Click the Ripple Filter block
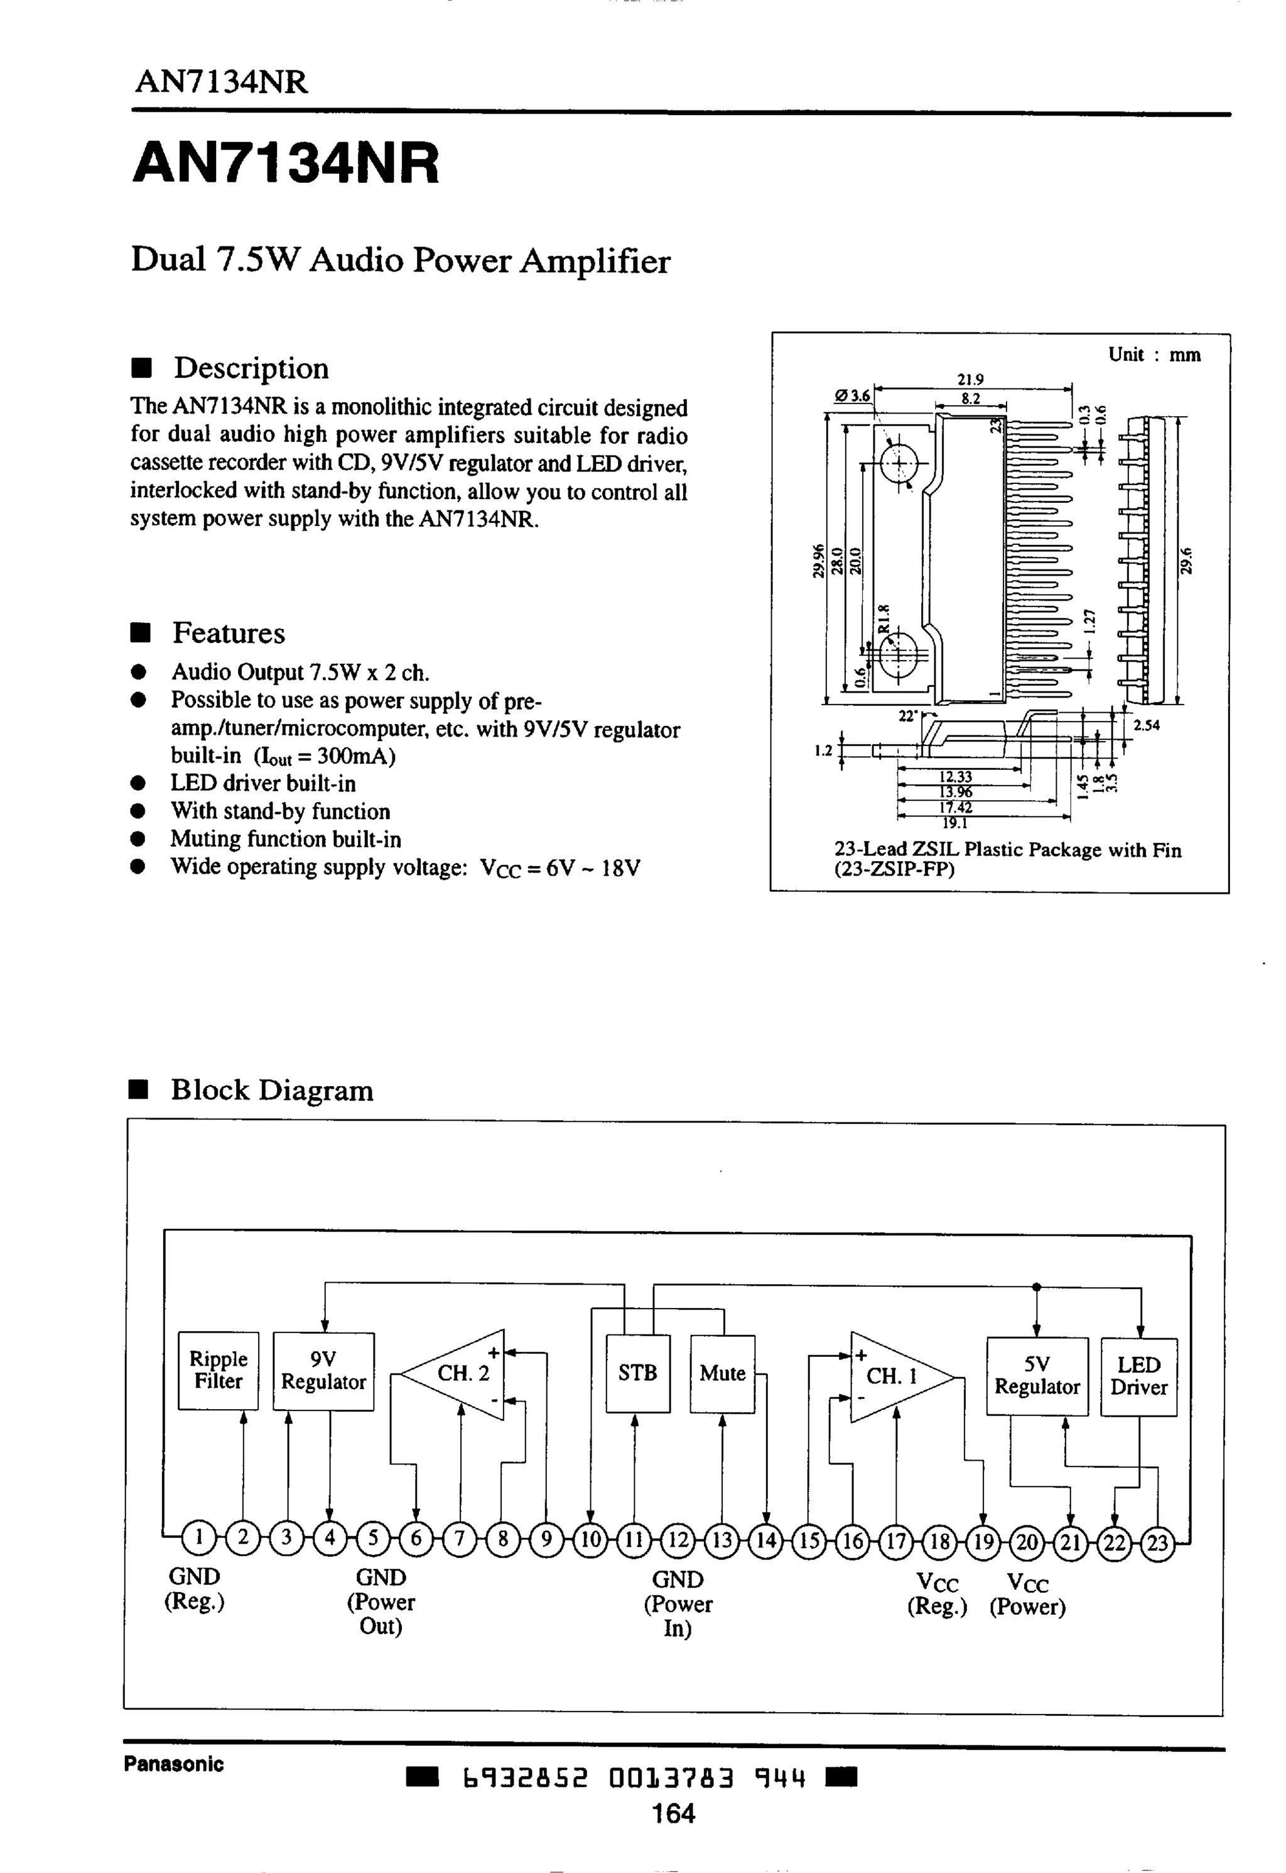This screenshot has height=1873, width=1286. click(x=217, y=1370)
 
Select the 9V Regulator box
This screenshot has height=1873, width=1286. click(x=323, y=1371)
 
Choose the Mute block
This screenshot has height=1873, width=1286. click(x=722, y=1373)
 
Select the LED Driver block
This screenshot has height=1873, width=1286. click(x=1138, y=1376)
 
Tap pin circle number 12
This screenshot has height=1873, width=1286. click(x=678, y=1541)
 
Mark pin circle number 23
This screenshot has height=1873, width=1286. click(x=1157, y=1543)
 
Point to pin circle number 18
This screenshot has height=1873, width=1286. click(x=939, y=1542)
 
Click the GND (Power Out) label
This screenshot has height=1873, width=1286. click(x=381, y=1601)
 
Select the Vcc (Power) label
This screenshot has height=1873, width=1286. click(x=1027, y=1596)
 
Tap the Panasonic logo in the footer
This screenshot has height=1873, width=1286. click(x=173, y=1764)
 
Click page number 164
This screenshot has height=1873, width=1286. click(x=674, y=1813)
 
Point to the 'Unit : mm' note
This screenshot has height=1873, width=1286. click(x=1154, y=354)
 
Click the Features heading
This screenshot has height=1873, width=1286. click(x=228, y=633)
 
